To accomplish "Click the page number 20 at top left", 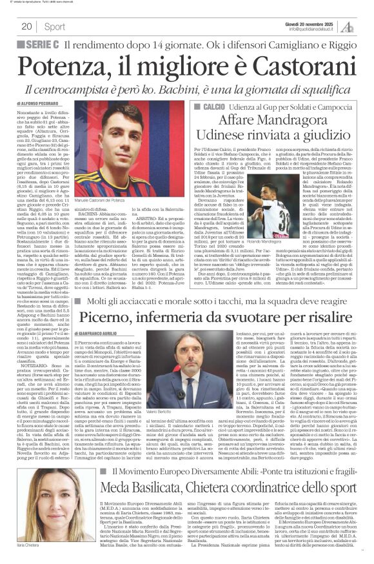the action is [27, 26].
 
